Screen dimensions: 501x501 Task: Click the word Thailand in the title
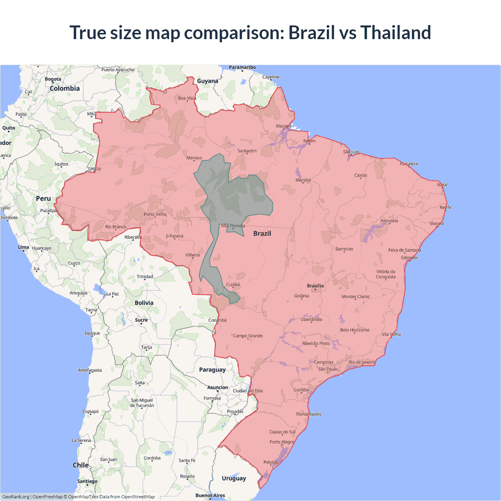395,32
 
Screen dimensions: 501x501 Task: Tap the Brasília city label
315,286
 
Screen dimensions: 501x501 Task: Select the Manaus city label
194,158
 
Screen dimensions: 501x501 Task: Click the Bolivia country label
144,303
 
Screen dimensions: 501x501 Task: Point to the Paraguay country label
212,369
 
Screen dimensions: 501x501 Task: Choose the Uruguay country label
234,478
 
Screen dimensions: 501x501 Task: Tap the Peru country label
43,198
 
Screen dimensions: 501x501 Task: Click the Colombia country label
65,88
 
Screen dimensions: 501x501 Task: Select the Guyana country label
207,81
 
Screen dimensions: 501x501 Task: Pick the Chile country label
81,465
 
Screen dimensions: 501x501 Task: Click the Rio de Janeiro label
362,362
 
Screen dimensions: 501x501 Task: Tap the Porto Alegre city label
281,442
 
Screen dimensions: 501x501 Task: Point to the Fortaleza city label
409,164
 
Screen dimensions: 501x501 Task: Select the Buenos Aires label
210,495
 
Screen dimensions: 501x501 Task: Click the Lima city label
23,247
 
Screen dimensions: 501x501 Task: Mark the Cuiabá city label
233,285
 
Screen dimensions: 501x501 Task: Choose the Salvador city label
409,258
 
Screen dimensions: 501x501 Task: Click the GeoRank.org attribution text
16,497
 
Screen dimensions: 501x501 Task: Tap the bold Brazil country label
262,233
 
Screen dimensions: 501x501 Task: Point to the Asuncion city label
218,387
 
